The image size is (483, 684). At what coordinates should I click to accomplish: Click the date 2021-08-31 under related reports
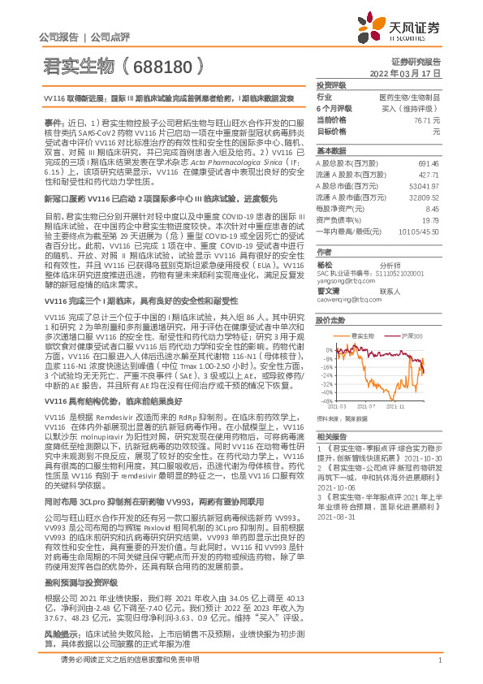pyautogui.click(x=335, y=516)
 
